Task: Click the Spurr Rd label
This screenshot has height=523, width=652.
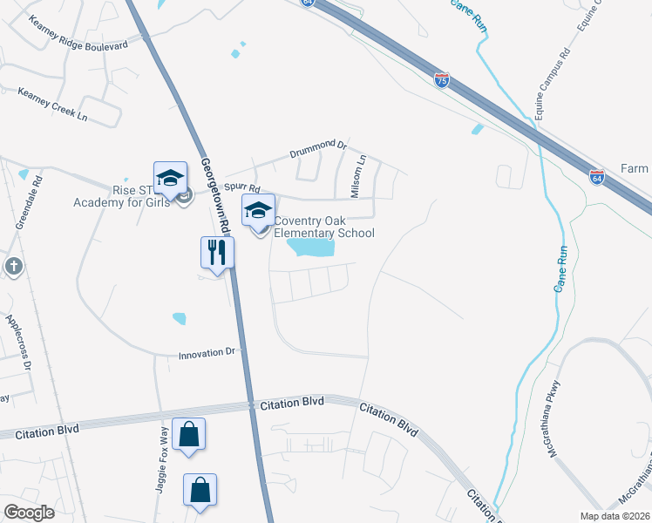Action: [x=242, y=187]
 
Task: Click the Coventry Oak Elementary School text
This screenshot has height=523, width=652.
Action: [x=324, y=227]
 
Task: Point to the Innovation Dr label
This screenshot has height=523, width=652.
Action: [x=207, y=355]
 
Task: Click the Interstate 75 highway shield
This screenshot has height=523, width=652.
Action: [x=443, y=80]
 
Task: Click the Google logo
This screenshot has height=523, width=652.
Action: [x=29, y=512]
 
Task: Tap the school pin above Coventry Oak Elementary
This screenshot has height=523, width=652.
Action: [x=258, y=211]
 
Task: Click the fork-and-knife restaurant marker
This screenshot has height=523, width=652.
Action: [x=217, y=253]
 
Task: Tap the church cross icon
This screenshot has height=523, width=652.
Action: [x=12, y=267]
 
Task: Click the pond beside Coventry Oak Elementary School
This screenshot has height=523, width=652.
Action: [x=310, y=248]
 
